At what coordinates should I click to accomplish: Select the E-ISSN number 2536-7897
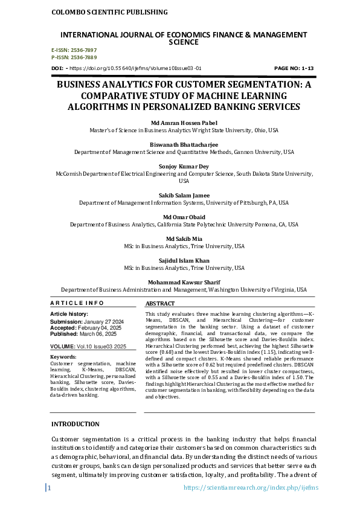84,50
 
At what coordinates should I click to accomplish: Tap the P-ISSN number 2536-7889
84,57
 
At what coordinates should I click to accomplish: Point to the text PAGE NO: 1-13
294,69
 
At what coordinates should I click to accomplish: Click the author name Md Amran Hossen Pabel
179,123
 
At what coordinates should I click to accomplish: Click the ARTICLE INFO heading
77,303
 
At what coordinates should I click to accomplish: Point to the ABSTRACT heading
160,304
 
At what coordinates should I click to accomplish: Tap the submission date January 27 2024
103,321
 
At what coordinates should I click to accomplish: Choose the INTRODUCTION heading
76,424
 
